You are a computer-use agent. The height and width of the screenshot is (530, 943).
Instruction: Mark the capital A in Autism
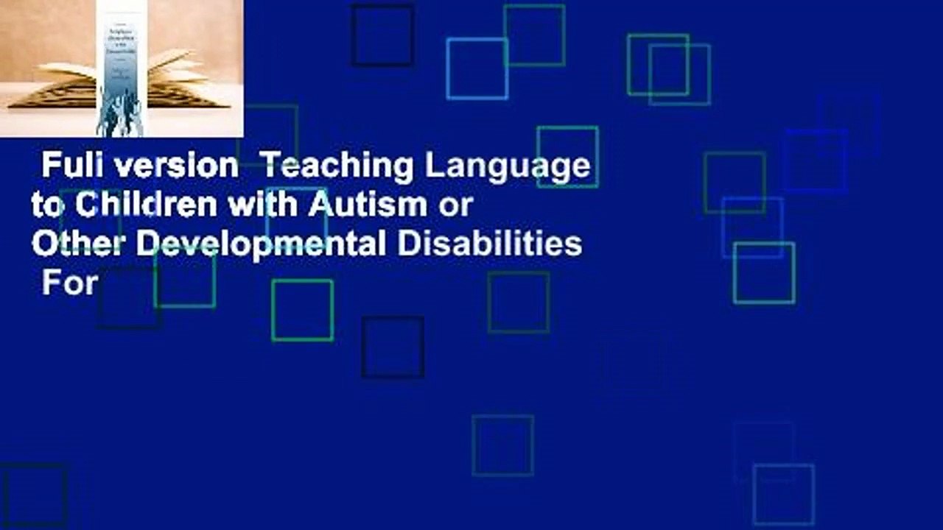click(x=319, y=205)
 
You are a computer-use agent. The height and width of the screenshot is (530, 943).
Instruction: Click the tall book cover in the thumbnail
click(x=120, y=68)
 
